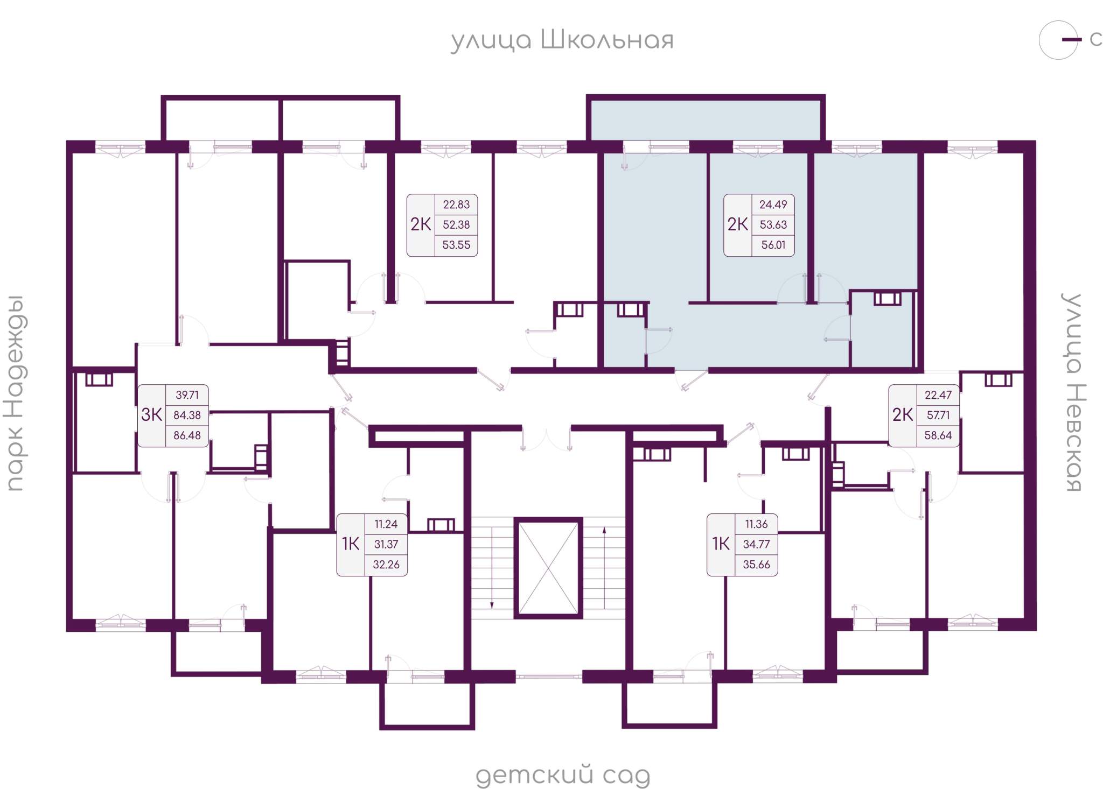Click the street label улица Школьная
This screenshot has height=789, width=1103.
(x=562, y=40)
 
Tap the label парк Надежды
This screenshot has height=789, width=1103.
(x=15, y=393)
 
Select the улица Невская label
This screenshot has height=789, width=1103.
(x=1073, y=392)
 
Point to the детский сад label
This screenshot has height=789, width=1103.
(x=563, y=776)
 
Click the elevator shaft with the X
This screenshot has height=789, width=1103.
(x=548, y=568)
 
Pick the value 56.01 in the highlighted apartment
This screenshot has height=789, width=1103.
(x=773, y=245)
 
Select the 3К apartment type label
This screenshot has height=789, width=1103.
(x=151, y=414)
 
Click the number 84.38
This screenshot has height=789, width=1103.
(x=187, y=415)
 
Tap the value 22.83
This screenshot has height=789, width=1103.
(x=456, y=205)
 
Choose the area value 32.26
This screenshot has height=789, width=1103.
(x=386, y=565)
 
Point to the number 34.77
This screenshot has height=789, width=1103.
(x=756, y=544)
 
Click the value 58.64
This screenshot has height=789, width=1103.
(x=938, y=435)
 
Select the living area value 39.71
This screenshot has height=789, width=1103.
(x=187, y=395)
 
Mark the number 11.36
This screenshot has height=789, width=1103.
(x=756, y=524)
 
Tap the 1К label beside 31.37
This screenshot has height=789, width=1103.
(x=351, y=544)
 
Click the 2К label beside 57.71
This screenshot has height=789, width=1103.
(x=903, y=415)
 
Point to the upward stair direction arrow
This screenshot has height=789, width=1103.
(x=604, y=568)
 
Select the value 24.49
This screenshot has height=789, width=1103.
(x=773, y=205)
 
